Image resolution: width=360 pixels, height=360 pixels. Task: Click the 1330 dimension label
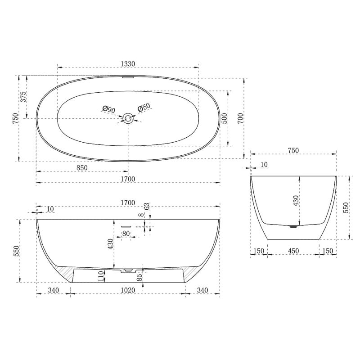[x=128, y=64]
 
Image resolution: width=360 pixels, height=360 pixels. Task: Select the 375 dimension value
[x=23, y=97]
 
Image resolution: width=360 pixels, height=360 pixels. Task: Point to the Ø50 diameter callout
[x=144, y=108]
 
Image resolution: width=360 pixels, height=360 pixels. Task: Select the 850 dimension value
[x=81, y=167]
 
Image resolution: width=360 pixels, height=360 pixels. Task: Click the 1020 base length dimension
[x=128, y=290]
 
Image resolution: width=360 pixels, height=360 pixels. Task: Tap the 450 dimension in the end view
[x=293, y=251]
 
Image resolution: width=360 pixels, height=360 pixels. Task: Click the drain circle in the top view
[x=128, y=118]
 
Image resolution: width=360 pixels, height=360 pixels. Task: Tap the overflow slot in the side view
[x=126, y=226]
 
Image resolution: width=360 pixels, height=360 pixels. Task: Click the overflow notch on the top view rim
[x=128, y=77]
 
